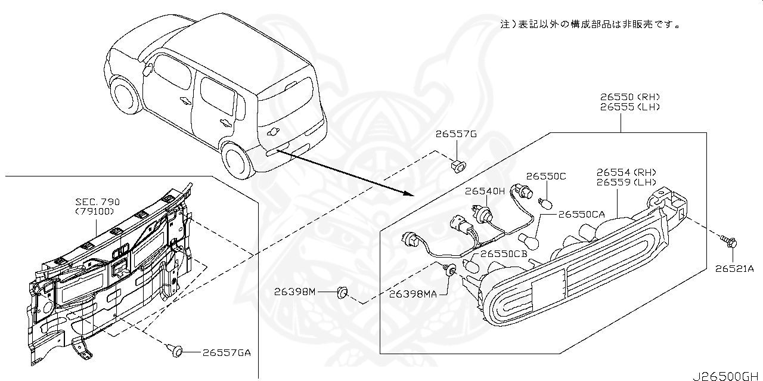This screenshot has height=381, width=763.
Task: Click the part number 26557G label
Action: pyautogui.click(x=456, y=135)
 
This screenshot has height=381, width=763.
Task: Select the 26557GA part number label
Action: pyautogui.click(x=227, y=352)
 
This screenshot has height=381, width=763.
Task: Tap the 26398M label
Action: pyautogui.click(x=294, y=292)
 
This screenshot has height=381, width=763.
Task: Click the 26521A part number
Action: pyautogui.click(x=734, y=269)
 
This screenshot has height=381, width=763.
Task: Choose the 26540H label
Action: pyautogui.click(x=485, y=191)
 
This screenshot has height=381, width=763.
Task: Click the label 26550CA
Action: pyautogui.click(x=581, y=213)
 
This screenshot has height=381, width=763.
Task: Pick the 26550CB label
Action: pyautogui.click(x=504, y=253)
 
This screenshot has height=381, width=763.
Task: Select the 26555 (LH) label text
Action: pyautogui.click(x=630, y=107)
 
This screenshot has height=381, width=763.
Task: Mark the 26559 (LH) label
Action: pyautogui.click(x=626, y=182)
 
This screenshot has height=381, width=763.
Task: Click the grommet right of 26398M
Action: pyautogui.click(x=343, y=292)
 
